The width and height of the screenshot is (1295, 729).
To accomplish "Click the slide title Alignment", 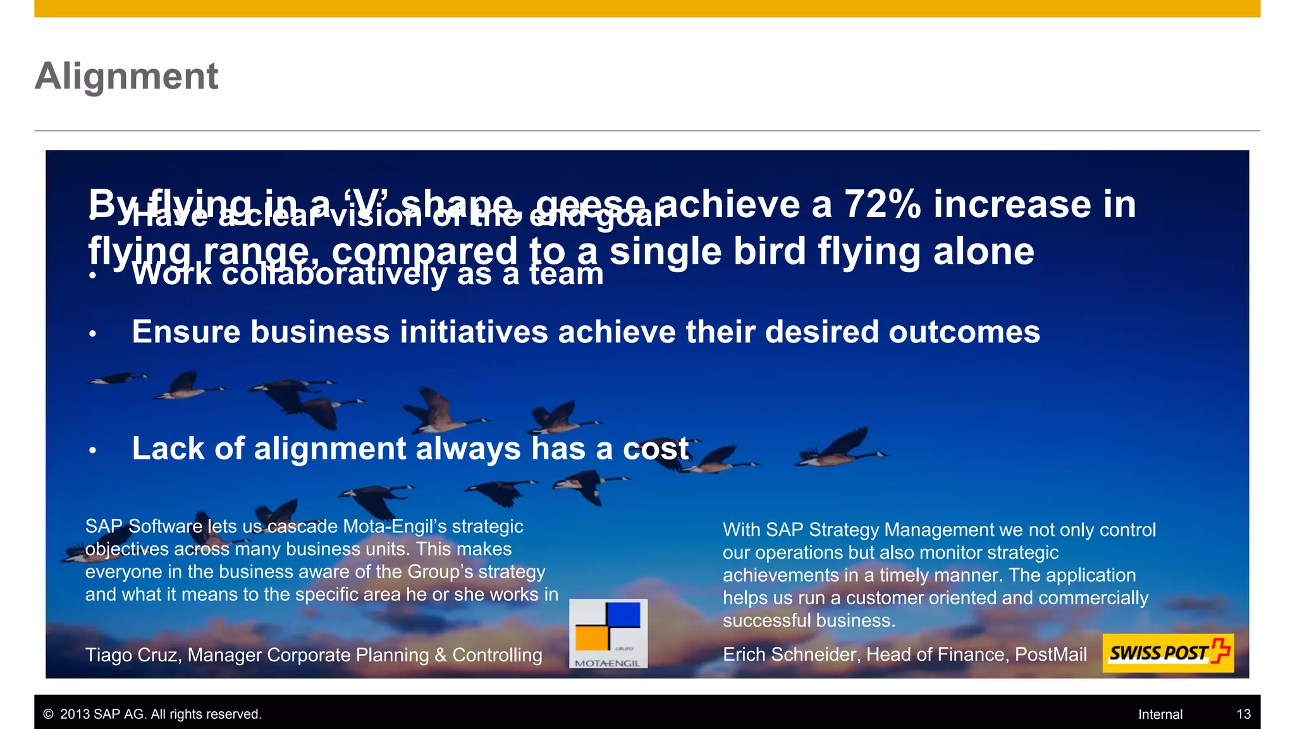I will tap(126, 76).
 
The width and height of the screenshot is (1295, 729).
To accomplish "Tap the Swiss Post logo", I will tap(1167, 652).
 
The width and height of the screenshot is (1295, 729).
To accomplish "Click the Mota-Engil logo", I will tap(608, 633).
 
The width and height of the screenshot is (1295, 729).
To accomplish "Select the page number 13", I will tap(1243, 714).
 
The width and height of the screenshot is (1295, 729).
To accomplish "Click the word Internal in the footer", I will tap(1160, 714).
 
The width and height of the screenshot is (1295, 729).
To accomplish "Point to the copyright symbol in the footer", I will tap(48, 714).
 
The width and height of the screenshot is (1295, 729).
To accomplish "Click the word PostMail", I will tap(1050, 654).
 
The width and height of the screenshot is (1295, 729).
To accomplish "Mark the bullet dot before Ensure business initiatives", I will tap(92, 334).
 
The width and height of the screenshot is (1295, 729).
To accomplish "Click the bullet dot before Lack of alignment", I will tap(92, 451).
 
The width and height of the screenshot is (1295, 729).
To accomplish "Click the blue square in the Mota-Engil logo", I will tap(623, 614).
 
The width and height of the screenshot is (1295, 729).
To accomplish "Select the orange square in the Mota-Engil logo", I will tap(592, 637).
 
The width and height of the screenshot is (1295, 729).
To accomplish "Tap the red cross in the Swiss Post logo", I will tap(1220, 651).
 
